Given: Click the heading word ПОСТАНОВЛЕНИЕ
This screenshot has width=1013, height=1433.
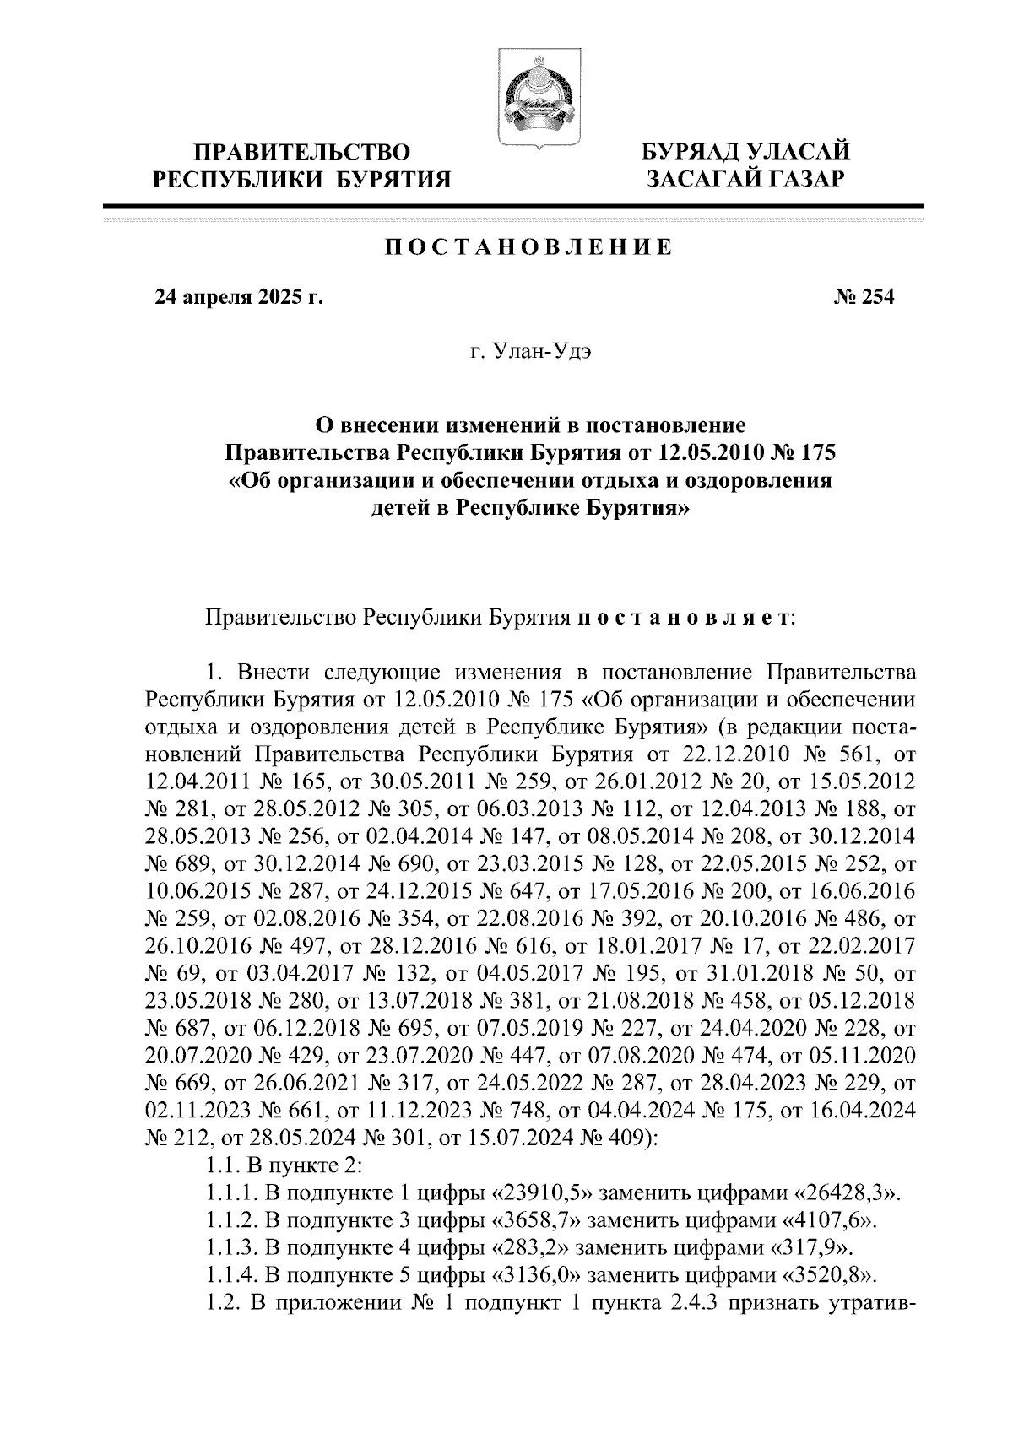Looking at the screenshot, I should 529,248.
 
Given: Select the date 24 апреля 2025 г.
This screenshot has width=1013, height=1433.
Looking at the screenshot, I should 239,297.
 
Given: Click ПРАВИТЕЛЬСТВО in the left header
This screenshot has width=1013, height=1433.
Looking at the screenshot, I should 302,153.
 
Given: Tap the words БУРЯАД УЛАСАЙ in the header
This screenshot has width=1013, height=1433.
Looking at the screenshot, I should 745,153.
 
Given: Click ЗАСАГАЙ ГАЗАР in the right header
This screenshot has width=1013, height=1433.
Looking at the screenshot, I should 745,178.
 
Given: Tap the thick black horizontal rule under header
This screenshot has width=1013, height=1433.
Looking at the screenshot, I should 513,207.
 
